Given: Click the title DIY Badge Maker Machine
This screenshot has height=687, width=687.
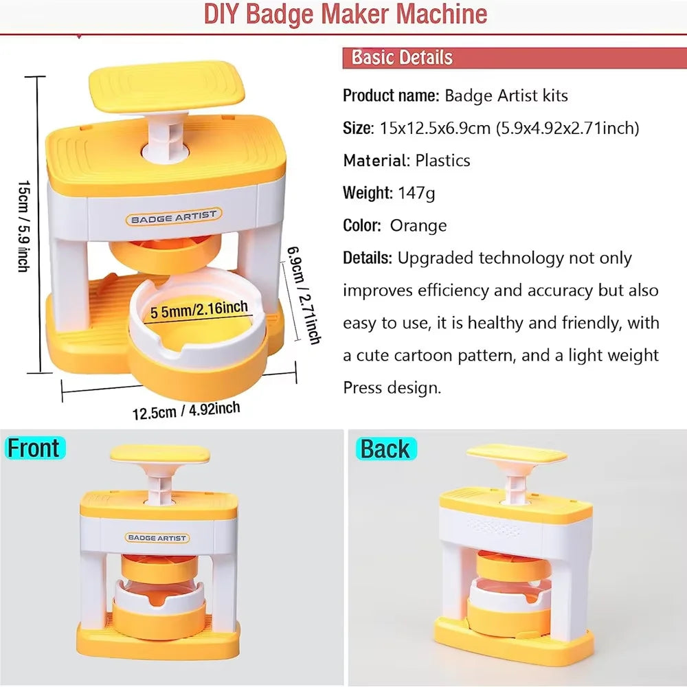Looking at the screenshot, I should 345,14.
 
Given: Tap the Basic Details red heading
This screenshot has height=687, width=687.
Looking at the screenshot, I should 402,57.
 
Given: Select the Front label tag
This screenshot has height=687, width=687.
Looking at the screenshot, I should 34,449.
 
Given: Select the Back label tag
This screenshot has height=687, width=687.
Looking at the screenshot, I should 385,449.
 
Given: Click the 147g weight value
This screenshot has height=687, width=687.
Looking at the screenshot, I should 416,193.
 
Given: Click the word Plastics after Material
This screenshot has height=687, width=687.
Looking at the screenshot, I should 442,161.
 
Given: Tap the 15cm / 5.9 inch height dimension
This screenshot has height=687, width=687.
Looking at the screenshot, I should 23,227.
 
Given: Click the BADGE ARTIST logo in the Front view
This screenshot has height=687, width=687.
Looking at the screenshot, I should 157,538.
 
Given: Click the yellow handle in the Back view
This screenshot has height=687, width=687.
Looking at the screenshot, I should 516,454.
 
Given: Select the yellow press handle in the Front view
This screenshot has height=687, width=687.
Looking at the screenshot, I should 159,453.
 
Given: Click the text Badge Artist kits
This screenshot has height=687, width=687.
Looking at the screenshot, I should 506,95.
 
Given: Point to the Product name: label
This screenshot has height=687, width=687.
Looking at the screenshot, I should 390,95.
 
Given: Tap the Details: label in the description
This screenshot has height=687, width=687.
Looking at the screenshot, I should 368,258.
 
